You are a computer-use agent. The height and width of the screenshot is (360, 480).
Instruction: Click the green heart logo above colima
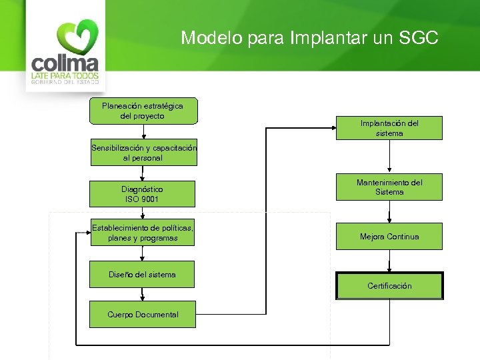coord(77,37)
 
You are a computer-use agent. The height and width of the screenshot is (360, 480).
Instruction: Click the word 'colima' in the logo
coord(65,64)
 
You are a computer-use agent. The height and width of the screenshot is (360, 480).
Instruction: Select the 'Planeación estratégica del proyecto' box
coord(143,111)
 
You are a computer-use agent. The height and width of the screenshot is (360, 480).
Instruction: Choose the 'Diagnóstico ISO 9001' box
coord(143,194)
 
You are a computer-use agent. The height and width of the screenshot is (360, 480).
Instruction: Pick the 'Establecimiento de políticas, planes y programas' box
coord(143,233)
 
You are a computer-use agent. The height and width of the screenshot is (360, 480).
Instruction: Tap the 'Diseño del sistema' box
coord(143,274)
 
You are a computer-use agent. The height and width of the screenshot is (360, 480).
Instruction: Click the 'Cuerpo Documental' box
coord(143,314)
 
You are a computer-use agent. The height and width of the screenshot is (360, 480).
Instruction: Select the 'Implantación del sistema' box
coord(389,128)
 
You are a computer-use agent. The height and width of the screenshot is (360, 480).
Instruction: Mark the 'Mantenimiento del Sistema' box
coord(389,187)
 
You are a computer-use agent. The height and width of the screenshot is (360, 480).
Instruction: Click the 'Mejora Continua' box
coord(389,237)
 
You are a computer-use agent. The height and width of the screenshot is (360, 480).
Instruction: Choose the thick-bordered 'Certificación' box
coord(389,286)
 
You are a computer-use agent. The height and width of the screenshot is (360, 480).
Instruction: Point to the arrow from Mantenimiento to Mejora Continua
coord(389,212)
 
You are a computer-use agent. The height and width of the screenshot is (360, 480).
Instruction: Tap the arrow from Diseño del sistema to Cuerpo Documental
coord(142,294)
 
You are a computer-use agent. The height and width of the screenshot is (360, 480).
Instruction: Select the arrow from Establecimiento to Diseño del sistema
coord(142,253)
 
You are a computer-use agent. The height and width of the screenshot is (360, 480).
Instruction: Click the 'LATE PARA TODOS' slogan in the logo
coord(65,77)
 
